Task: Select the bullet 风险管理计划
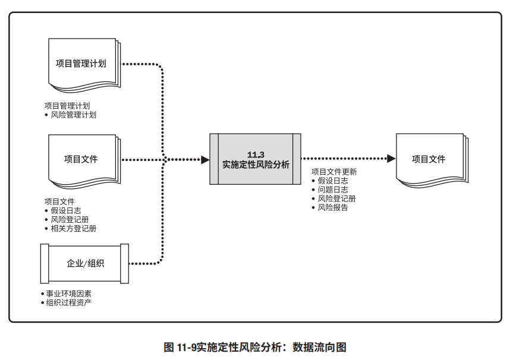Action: pos(73,115)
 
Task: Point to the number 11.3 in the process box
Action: pos(256,154)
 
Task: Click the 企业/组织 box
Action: pos(84,263)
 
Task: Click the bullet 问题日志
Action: pos(333,190)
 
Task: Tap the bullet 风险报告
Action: pos(333,207)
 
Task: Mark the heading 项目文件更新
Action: pos(334,172)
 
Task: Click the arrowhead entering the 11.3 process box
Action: pos(205,159)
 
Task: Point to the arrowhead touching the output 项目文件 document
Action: pos(391,159)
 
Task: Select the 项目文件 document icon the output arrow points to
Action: pos(430,159)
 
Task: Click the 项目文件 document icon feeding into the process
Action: pos(82,159)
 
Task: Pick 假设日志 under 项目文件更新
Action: pos(333,181)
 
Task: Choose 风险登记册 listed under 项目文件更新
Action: pos(336,198)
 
